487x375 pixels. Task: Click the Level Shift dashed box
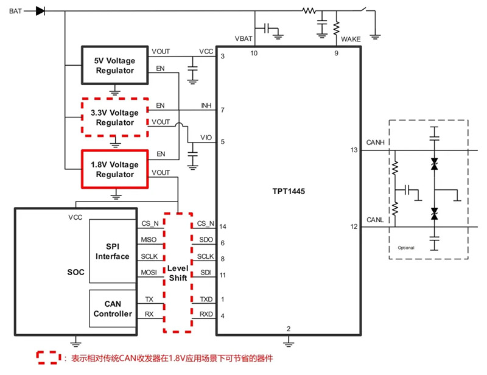[x=178, y=273]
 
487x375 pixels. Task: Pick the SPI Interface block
[x=113, y=251]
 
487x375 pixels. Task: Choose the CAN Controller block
[x=113, y=309]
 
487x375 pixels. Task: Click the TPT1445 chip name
[x=289, y=191]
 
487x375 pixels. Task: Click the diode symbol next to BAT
[x=41, y=11]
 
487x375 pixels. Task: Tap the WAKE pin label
[x=351, y=39]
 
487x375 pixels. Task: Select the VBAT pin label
[x=244, y=39]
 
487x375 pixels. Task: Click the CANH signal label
[x=374, y=142]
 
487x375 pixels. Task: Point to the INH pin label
[x=206, y=105]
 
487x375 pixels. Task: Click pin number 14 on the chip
[x=223, y=226]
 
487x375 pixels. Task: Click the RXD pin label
[x=206, y=314]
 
